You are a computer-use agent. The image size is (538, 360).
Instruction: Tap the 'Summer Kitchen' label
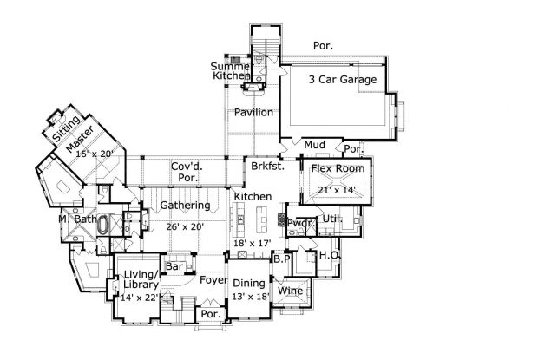pos(232,71)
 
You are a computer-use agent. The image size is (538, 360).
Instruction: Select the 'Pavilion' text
pos(253,113)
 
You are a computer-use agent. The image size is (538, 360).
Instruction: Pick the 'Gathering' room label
pos(185,206)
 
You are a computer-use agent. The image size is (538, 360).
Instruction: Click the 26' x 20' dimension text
pos(185,226)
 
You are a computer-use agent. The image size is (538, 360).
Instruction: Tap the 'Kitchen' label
pos(253,198)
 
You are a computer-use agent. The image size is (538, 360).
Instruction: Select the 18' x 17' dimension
pos(253,244)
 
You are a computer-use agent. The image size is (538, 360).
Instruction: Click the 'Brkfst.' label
pos(263,165)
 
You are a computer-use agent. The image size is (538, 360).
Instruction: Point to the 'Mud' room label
pos(314,144)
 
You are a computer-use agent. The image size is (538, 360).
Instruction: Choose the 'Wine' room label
pos(290,291)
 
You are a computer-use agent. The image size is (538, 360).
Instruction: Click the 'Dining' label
pos(249,283)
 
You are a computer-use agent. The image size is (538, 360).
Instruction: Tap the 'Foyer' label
pos(213,280)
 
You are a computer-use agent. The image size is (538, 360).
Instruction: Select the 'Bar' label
pos(174,266)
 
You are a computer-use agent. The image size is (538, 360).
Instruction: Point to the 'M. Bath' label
pos(75,219)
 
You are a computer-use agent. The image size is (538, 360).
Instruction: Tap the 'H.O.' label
pos(329,256)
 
